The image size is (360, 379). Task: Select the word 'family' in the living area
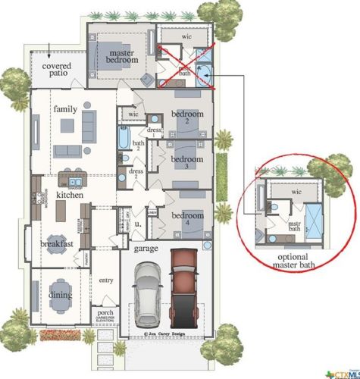click(x=65, y=109)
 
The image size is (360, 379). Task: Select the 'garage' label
click(x=146, y=249)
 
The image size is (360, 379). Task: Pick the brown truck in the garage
click(x=184, y=284)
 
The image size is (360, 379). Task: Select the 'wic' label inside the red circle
click(x=296, y=193)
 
